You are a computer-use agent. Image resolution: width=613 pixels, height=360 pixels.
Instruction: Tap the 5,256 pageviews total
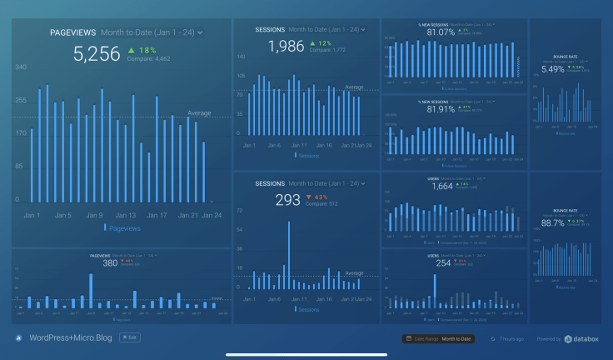tap(97, 55)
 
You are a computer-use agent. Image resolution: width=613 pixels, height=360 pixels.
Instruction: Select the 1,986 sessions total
tap(286, 47)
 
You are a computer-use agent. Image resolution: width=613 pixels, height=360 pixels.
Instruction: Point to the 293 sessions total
tap(287, 200)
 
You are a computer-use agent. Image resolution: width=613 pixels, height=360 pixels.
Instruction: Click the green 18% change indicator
tap(142, 51)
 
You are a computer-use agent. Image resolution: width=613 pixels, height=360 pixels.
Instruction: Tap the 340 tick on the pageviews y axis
tap(21, 67)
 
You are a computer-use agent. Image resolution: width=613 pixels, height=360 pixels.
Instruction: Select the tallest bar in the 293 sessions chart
tap(289, 255)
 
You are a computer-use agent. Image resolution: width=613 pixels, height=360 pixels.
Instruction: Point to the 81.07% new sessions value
tap(441, 32)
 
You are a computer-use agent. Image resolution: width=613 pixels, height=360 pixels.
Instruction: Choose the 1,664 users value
tap(442, 187)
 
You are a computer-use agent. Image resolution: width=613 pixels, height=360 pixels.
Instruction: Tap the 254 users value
tap(443, 262)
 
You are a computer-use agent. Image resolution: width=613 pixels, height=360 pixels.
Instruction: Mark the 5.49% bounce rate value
tap(553, 69)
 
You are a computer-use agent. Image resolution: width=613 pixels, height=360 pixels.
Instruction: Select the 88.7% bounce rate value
tap(553, 223)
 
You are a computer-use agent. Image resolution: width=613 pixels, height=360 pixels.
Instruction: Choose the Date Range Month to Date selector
tap(438, 339)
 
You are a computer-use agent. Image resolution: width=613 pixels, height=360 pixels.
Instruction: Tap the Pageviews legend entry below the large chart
tap(122, 227)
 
